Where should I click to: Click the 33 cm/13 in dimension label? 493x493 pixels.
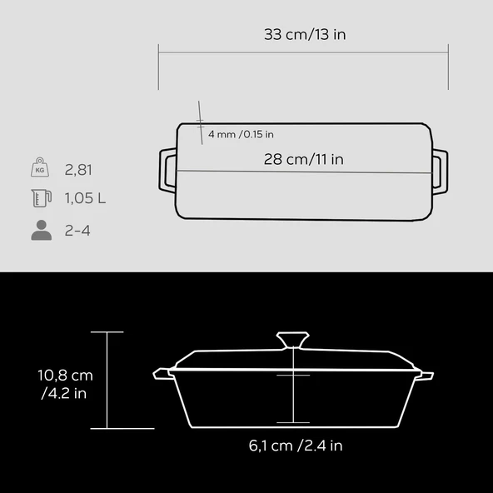[x=305, y=34]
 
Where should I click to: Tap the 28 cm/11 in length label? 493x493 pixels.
[x=304, y=159]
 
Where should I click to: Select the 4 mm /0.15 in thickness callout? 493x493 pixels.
[x=241, y=134]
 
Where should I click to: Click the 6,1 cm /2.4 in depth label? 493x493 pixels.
[x=296, y=446]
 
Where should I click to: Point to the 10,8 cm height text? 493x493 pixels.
[x=66, y=375]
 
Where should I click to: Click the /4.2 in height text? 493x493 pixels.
[x=64, y=393]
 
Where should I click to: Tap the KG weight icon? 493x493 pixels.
[x=40, y=167]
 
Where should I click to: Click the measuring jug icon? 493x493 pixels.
[x=42, y=198]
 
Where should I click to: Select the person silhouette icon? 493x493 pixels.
[x=42, y=231]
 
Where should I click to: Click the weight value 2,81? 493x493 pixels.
[x=78, y=170]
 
